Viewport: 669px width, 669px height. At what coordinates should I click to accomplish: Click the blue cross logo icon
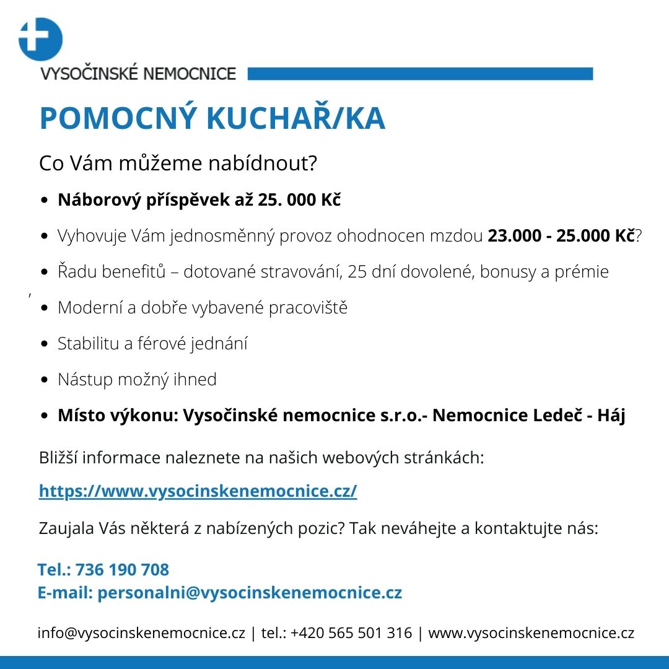click(41, 39)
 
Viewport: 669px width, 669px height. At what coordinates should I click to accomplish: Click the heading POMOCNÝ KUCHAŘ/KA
click(212, 119)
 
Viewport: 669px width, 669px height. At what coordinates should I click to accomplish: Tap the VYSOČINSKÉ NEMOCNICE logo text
click(138, 74)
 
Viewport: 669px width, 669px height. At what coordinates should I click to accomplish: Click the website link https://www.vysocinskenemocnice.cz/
click(198, 491)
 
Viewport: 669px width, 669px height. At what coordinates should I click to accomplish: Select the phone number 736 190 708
click(122, 569)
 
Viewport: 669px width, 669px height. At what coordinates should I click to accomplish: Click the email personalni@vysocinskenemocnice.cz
click(250, 593)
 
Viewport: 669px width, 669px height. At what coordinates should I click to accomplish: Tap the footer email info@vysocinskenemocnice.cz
click(142, 633)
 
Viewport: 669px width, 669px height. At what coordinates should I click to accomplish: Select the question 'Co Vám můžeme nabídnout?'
click(178, 164)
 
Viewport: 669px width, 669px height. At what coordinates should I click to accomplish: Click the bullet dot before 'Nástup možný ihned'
click(45, 380)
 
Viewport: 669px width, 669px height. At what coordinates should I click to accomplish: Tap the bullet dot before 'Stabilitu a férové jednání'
click(45, 344)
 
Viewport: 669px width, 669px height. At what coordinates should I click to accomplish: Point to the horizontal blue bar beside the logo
click(420, 74)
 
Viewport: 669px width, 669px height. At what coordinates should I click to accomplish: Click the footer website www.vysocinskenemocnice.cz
click(531, 633)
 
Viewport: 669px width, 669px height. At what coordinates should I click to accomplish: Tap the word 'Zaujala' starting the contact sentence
click(67, 530)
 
